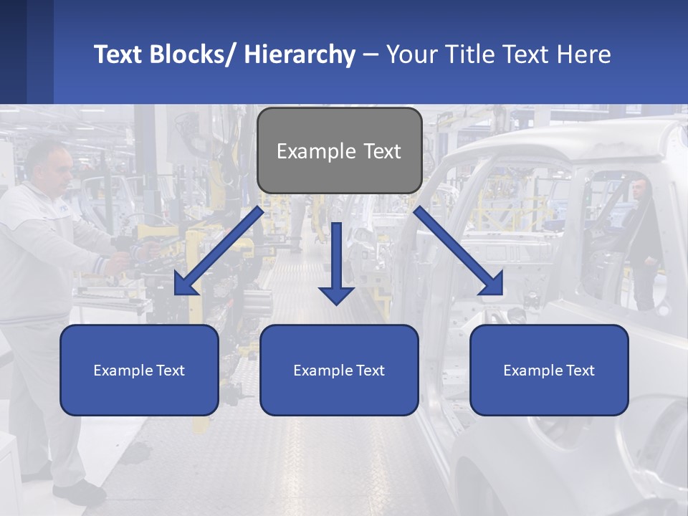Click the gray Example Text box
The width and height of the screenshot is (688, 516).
pyautogui.click(x=339, y=150)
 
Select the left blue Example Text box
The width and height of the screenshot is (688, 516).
pyautogui.click(x=139, y=370)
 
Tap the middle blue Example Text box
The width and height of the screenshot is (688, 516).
pyautogui.click(x=339, y=370)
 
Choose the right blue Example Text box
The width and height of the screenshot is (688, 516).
pyautogui.click(x=549, y=370)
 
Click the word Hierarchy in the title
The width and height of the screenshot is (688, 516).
pyautogui.click(x=300, y=54)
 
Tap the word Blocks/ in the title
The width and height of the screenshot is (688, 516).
pyautogui.click(x=194, y=54)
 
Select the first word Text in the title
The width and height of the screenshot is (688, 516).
pyautogui.click(x=119, y=54)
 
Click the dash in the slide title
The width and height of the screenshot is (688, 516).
pyautogui.click(x=371, y=54)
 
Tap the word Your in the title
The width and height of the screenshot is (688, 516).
pyautogui.click(x=411, y=54)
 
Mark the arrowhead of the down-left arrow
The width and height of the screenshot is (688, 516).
pyautogui.click(x=184, y=285)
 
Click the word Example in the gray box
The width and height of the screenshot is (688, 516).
pyautogui.click(x=306, y=151)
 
